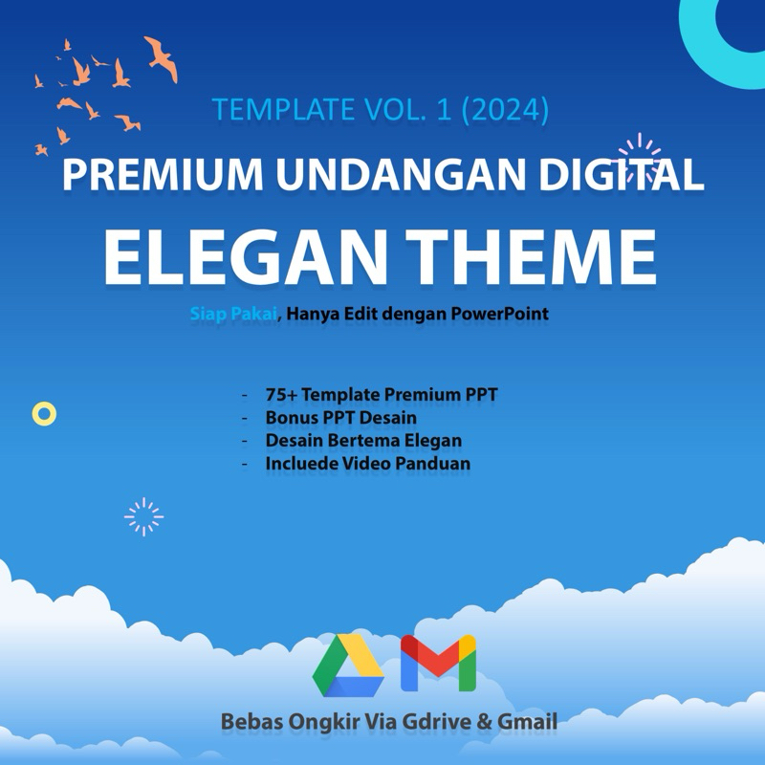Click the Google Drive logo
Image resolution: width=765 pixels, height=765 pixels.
click(x=348, y=665)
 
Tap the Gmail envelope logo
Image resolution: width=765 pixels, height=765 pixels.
click(x=438, y=663)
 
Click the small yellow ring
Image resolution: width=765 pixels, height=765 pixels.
click(x=44, y=413)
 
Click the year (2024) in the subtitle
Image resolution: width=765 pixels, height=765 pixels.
click(x=504, y=109)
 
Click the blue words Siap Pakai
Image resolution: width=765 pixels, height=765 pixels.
click(x=232, y=314)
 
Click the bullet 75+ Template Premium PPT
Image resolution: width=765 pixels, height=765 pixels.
click(x=382, y=394)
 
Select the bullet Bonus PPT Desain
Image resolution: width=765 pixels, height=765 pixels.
click(x=340, y=418)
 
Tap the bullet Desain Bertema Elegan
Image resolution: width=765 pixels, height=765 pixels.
click(x=363, y=441)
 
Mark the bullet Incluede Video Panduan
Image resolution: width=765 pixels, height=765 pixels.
click(x=367, y=464)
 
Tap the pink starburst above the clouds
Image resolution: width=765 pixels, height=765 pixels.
click(x=143, y=516)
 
